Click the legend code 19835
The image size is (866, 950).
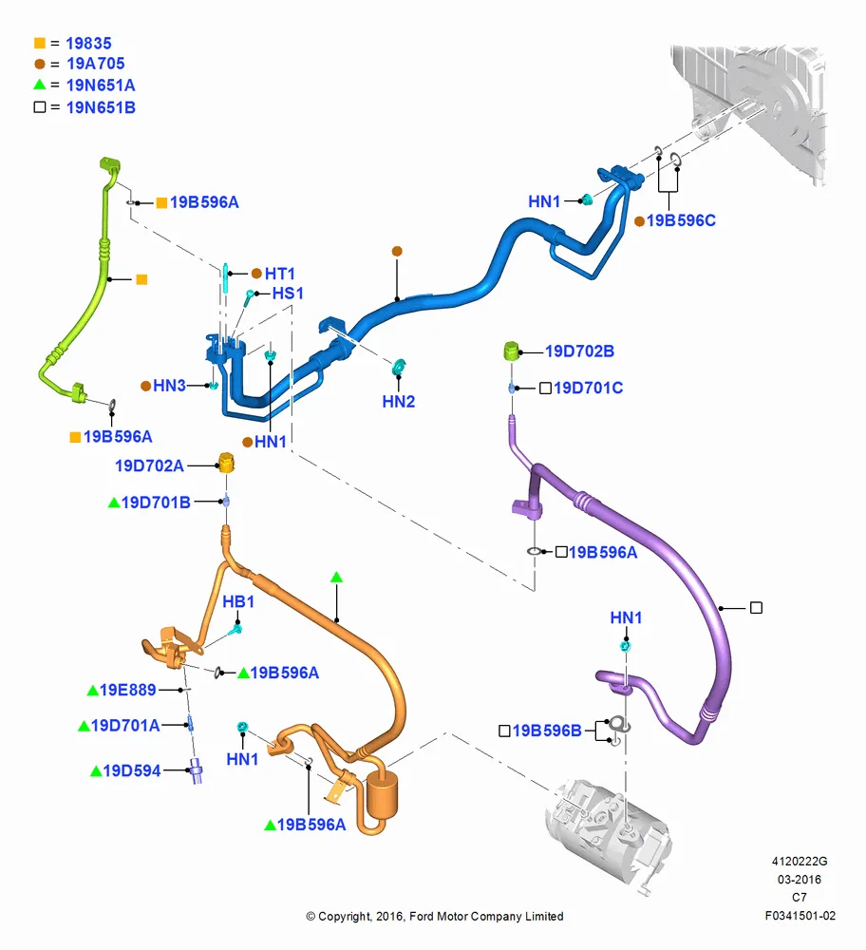click(x=88, y=44)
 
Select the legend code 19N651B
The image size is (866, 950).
click(x=101, y=108)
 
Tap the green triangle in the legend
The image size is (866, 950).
click(x=40, y=85)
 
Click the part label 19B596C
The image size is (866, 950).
click(x=681, y=220)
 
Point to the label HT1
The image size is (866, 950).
click(x=280, y=274)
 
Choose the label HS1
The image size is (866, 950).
click(x=288, y=294)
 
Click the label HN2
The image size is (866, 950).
click(x=399, y=402)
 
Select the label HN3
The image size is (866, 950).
click(x=169, y=386)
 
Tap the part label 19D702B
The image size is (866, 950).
click(x=579, y=351)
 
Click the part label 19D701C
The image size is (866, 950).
click(x=588, y=388)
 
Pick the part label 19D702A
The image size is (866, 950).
click(x=150, y=465)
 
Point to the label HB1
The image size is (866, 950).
click(x=238, y=601)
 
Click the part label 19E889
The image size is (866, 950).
click(x=128, y=690)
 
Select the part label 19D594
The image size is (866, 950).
click(x=132, y=770)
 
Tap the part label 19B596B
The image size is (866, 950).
click(x=547, y=731)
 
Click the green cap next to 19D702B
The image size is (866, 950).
click(x=512, y=351)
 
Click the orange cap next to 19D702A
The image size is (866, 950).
click(x=226, y=463)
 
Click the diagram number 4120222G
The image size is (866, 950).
click(x=800, y=862)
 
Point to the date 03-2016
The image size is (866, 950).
click(x=800, y=879)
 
